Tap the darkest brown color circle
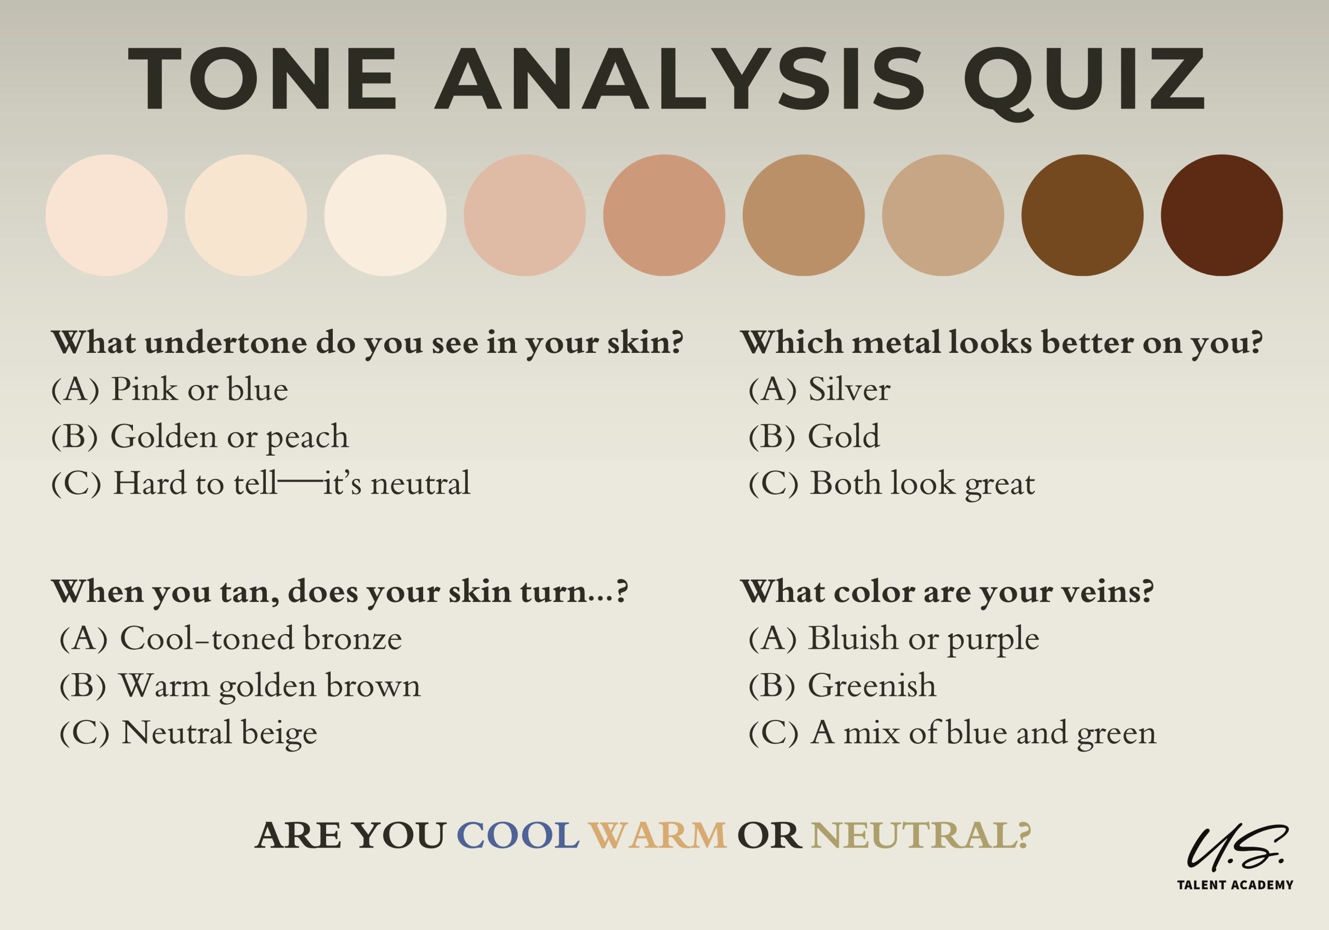point(1222,215)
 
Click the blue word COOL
point(518,836)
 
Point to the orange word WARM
point(658,836)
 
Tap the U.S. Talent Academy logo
point(1235,856)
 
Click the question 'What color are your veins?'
point(947,592)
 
